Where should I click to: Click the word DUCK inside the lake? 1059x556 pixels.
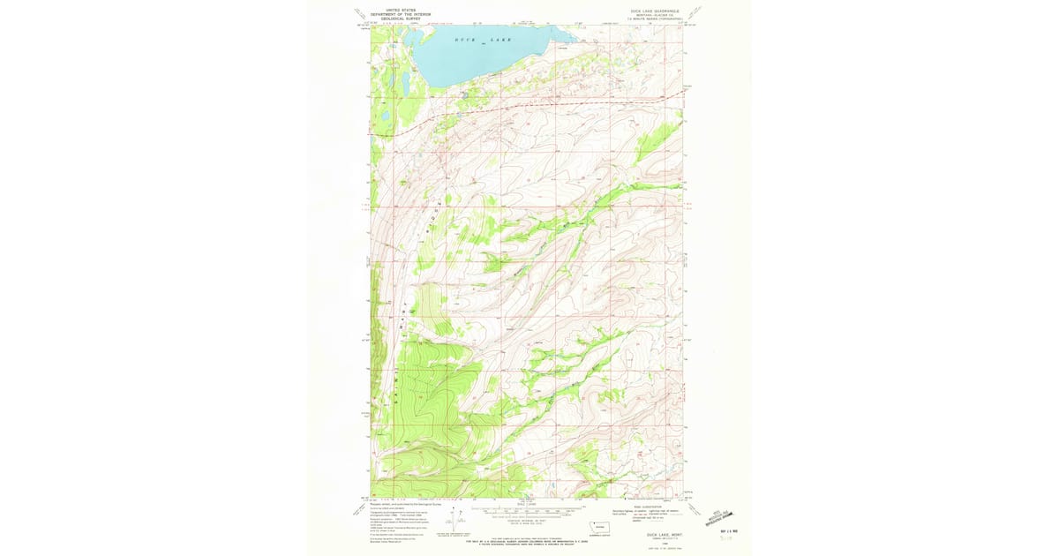point(465,41)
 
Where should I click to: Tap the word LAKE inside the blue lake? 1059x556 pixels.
point(514,41)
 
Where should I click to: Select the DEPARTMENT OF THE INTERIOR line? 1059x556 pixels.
point(400,15)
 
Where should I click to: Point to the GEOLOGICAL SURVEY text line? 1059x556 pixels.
point(400,19)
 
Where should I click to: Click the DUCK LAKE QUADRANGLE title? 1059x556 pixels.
point(654,11)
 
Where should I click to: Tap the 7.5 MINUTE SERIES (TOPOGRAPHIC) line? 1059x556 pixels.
point(654,19)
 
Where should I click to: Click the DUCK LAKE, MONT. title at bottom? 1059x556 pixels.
point(664,535)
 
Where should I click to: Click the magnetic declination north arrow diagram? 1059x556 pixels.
point(456,518)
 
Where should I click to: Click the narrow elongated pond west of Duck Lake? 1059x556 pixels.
point(405,83)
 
